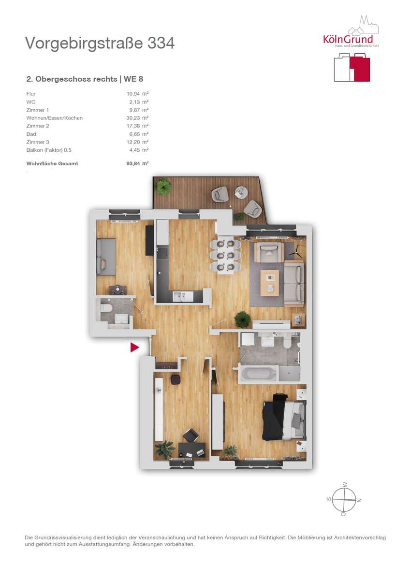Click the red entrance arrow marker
point(134,347)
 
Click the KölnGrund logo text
point(348,39)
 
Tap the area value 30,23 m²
point(137,118)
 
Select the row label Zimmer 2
point(38,126)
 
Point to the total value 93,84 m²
point(137,163)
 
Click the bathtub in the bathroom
point(259,373)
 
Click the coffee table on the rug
point(270,283)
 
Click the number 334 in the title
point(161,43)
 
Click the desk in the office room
point(192,450)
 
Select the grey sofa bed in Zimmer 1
point(106,257)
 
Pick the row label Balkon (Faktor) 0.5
point(49,150)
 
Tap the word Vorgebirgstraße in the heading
point(84,43)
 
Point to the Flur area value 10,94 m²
point(137,94)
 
